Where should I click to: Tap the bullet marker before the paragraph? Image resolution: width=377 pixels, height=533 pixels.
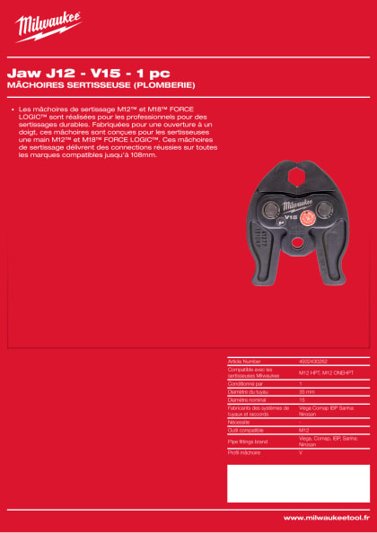pyautogui.click(x=12, y=109)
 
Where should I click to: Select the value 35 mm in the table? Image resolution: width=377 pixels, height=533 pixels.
pyautogui.click(x=306, y=391)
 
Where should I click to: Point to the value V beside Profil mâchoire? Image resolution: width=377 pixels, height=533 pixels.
pyautogui.click(x=301, y=454)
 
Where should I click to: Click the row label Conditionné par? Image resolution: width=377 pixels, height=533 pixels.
pyautogui.click(x=247, y=383)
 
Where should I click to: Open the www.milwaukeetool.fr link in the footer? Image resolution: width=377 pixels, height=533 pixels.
pyautogui.click(x=322, y=518)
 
